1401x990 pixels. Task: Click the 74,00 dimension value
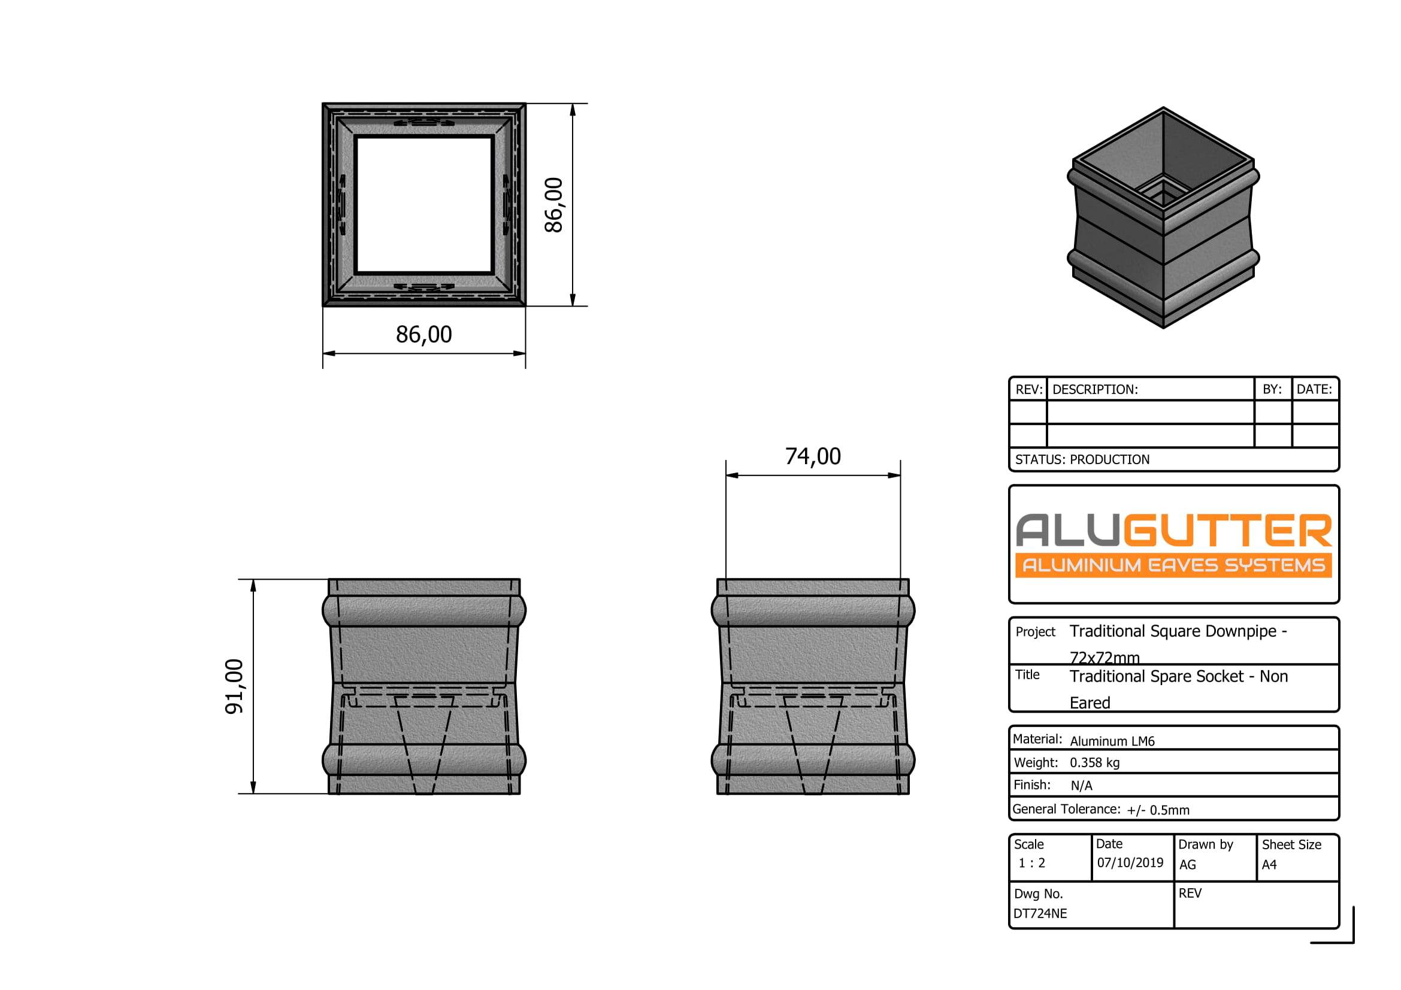pos(813,457)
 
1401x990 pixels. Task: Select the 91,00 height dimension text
pos(235,686)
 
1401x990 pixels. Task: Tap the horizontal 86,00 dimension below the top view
pos(424,335)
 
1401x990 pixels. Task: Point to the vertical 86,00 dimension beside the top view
pos(553,205)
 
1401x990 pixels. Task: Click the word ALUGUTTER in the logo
pos(1173,530)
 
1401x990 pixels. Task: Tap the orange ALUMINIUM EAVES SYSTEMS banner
pos(1173,565)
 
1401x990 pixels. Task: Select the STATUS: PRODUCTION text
pos(1082,460)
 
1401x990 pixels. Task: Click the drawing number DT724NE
pos(1040,914)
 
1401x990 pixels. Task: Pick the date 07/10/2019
pos(1130,862)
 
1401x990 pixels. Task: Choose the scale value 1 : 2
pos(1032,863)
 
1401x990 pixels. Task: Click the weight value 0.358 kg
pos(1095,762)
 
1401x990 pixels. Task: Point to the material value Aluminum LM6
pos(1112,741)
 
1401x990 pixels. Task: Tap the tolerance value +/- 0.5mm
pos(1158,810)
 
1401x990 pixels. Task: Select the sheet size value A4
pos(1269,865)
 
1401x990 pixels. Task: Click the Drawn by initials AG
pos(1187,865)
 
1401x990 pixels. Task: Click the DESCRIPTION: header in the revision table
pos(1096,390)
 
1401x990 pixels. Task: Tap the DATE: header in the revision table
pos(1314,389)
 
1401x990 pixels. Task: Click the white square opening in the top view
pos(424,205)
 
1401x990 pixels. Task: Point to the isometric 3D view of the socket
pos(1163,217)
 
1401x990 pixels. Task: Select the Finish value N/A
pos(1081,786)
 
